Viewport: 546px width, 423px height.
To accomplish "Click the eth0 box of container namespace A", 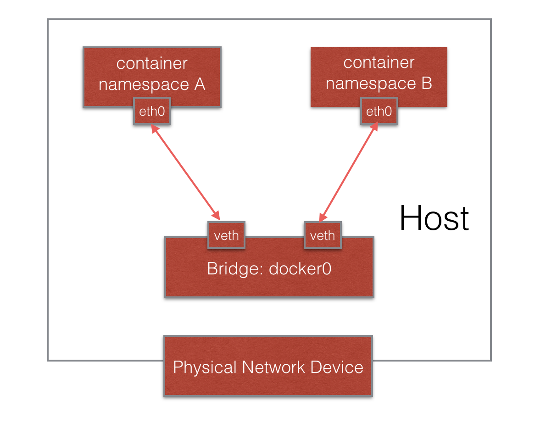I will (152, 111).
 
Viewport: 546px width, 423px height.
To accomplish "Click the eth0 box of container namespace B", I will (379, 111).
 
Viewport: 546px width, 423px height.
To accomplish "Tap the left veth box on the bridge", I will (227, 235).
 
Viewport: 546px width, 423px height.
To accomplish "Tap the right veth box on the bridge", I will (323, 235).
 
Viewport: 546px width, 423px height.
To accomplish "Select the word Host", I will (434, 218).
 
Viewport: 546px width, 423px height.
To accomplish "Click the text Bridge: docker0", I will (269, 268).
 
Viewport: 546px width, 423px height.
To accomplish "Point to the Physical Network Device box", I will (268, 367).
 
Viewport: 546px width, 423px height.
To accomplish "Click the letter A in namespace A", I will (200, 84).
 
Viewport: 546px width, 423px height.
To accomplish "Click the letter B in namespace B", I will (426, 83).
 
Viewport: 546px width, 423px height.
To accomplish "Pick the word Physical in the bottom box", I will (204, 367).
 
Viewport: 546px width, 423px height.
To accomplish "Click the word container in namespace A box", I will (152, 63).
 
